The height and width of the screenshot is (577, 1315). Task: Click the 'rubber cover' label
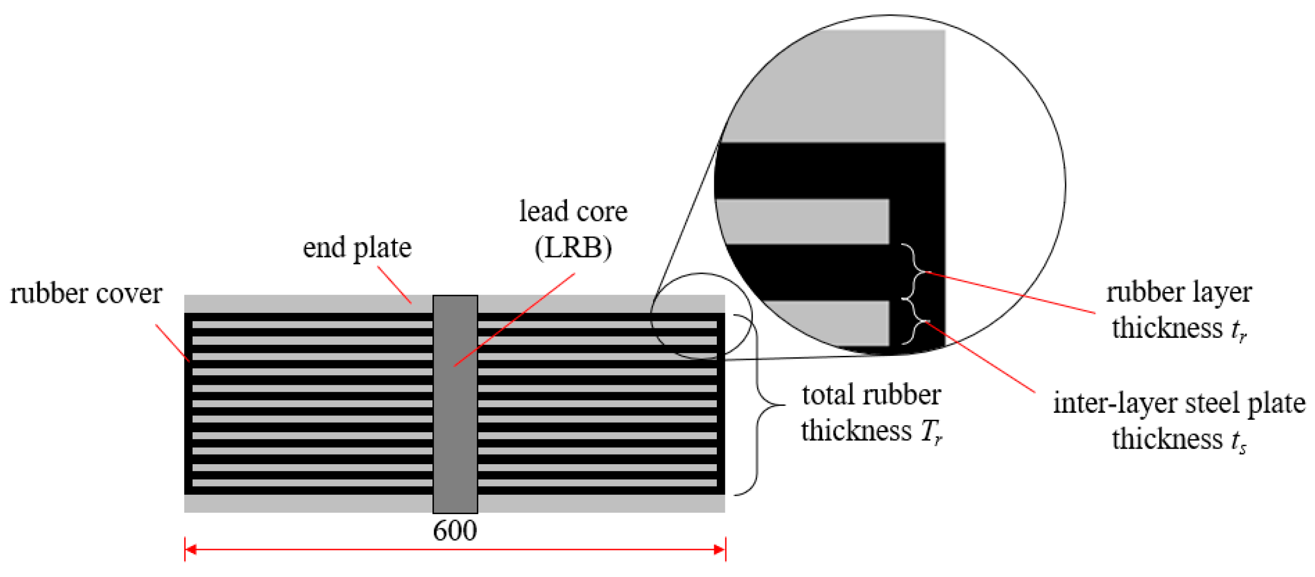tap(86, 294)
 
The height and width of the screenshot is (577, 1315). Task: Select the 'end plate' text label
tap(357, 249)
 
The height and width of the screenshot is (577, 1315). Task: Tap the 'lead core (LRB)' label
tap(573, 230)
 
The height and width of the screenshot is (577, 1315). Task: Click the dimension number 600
tap(454, 531)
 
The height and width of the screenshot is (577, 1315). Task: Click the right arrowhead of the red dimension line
tap(719, 550)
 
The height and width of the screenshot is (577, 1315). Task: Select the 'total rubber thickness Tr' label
tap(871, 413)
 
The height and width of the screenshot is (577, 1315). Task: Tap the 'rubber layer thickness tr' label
tap(1179, 310)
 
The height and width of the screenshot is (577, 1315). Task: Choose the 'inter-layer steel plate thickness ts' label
tap(1179, 421)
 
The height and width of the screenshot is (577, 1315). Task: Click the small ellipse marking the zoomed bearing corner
tap(701, 315)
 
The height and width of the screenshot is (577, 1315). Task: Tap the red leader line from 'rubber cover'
tap(173, 342)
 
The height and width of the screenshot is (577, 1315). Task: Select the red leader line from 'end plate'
tap(394, 285)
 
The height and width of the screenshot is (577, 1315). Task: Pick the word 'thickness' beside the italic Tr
tap(856, 430)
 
